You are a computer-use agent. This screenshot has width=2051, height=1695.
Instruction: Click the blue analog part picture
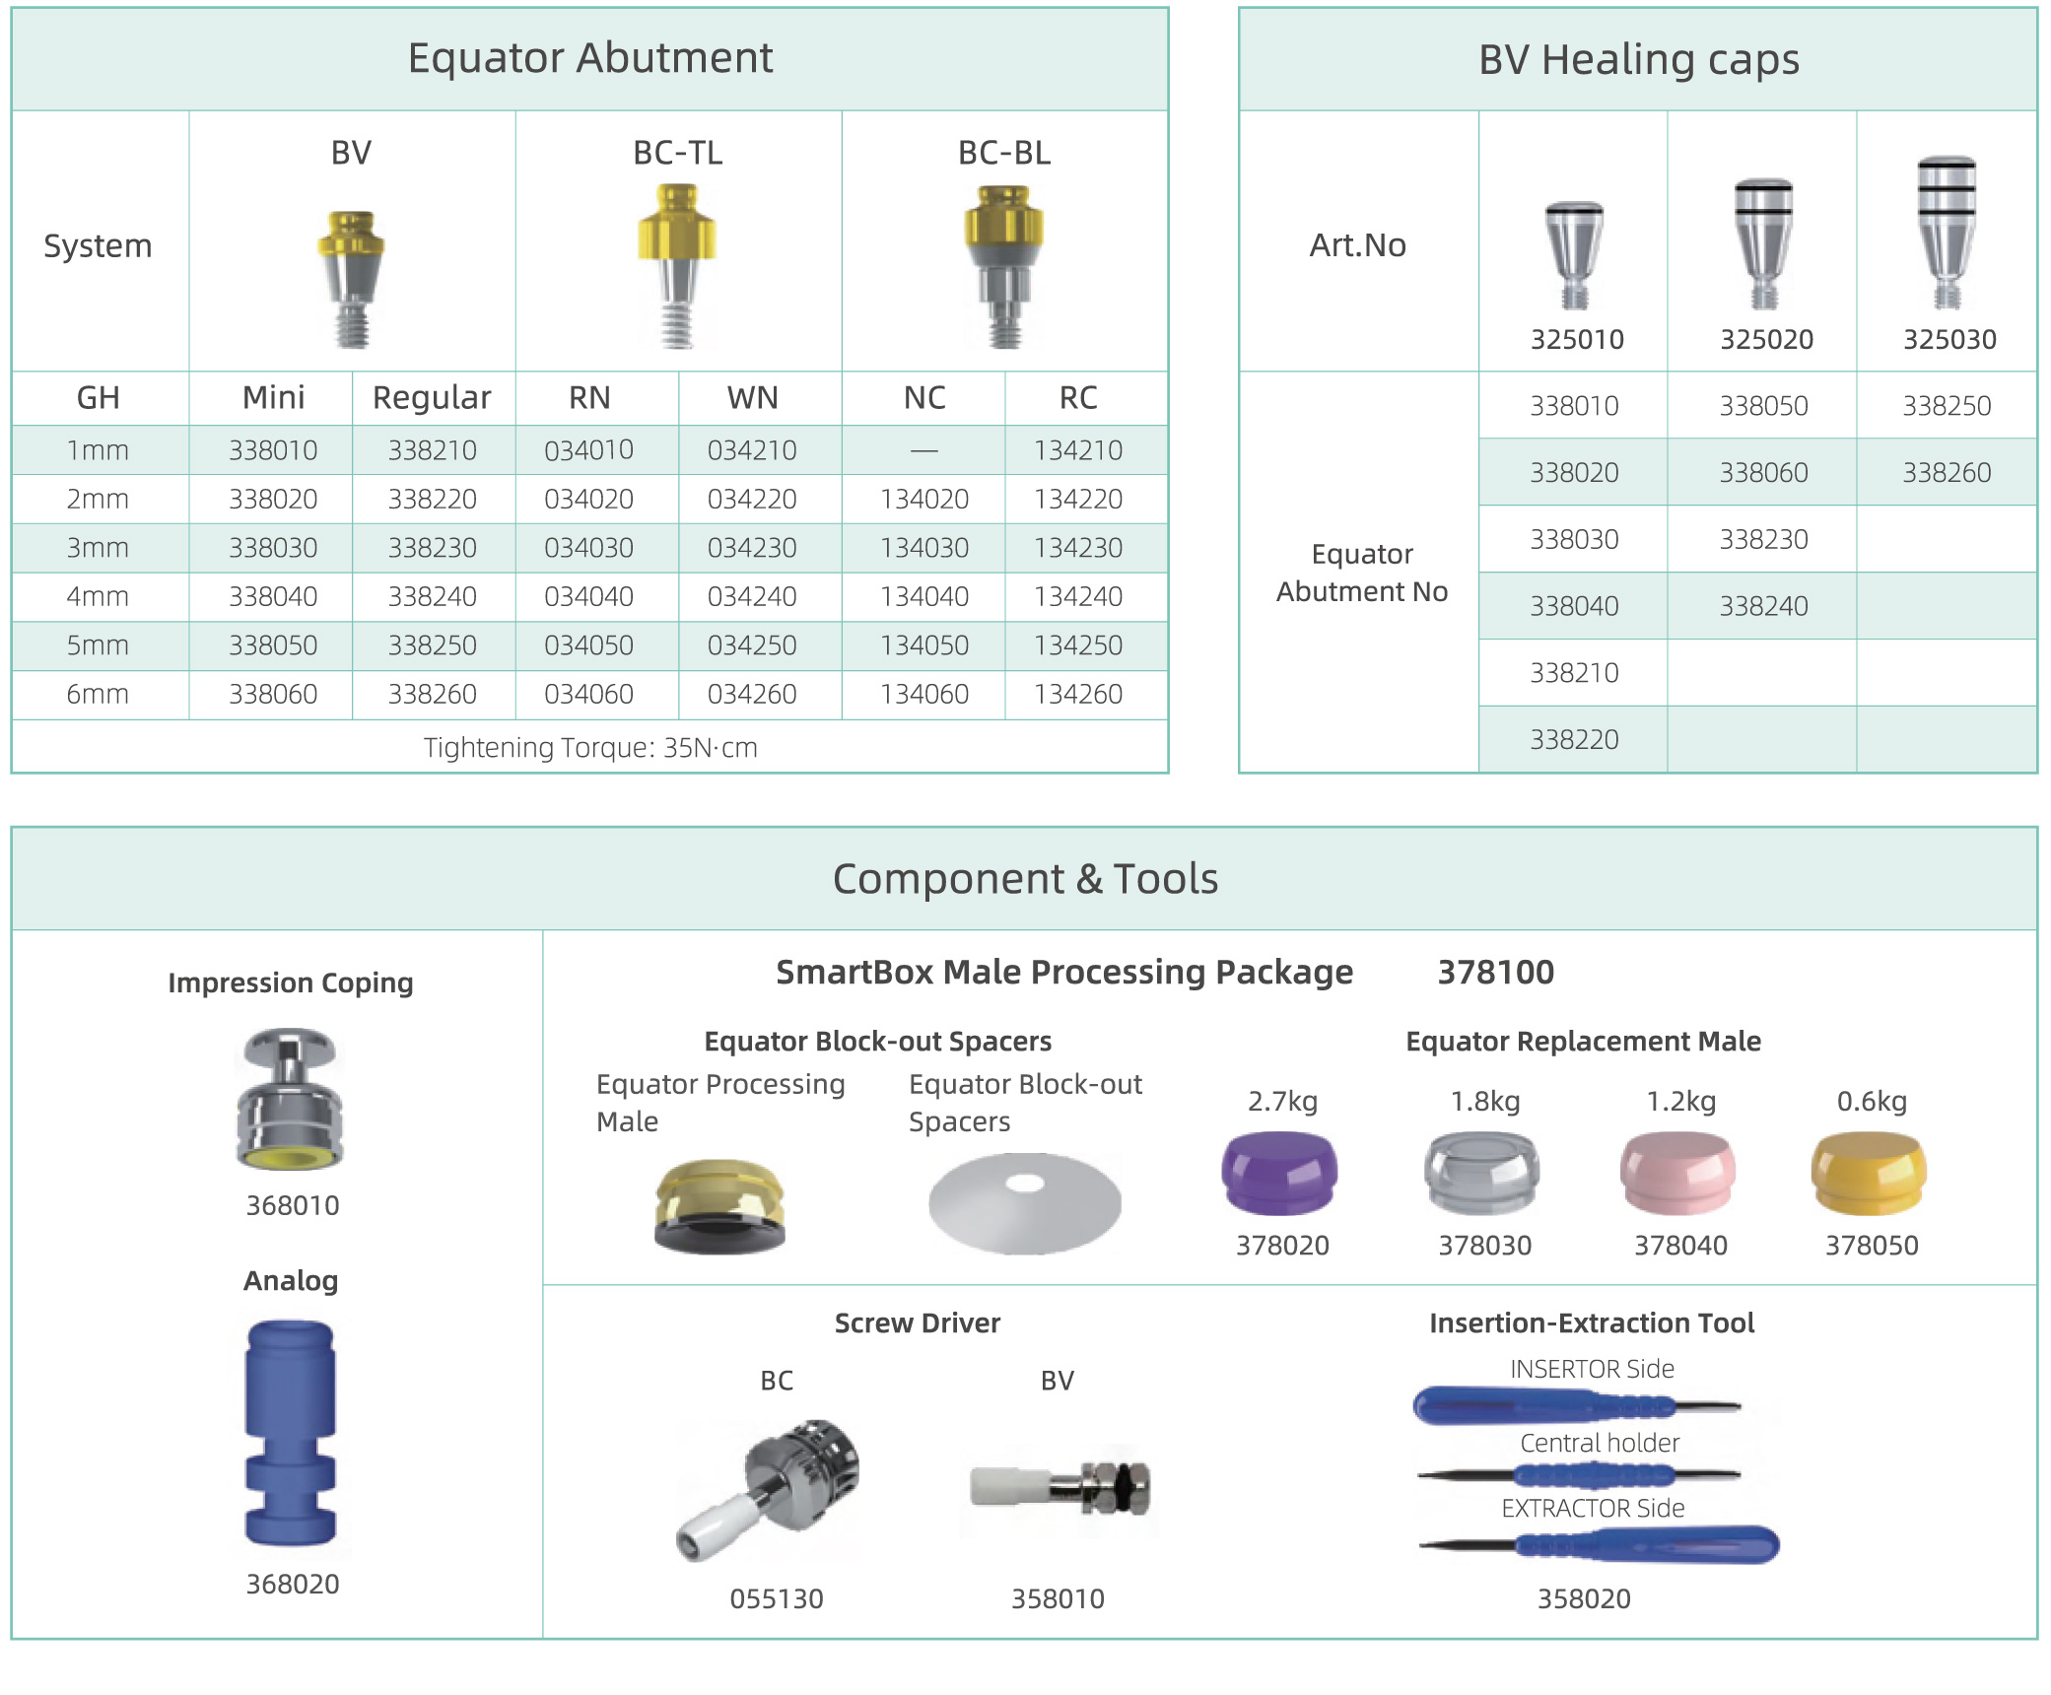click(291, 1433)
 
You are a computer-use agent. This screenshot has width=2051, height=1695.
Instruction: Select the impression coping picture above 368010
click(291, 1099)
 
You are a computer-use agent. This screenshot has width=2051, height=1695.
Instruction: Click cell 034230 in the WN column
click(752, 548)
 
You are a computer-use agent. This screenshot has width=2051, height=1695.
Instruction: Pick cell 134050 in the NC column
click(924, 645)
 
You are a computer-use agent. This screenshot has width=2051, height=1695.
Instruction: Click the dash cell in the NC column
click(924, 451)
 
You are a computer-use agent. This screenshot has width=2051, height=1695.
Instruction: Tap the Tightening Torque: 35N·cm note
click(590, 748)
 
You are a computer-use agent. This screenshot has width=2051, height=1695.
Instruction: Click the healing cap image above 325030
click(1947, 233)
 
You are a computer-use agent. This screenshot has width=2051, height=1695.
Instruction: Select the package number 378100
click(1495, 973)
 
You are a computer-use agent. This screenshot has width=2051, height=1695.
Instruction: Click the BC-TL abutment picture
click(677, 266)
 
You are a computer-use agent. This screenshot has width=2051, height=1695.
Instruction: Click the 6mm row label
click(98, 695)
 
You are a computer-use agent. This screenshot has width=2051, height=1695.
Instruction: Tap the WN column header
click(752, 398)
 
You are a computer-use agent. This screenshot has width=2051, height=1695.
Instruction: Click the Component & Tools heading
click(1025, 879)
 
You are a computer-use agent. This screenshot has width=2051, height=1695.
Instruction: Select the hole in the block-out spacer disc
click(1025, 1183)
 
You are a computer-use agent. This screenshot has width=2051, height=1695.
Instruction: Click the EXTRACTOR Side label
click(1593, 1509)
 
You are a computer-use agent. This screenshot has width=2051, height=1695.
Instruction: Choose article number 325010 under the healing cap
click(1576, 340)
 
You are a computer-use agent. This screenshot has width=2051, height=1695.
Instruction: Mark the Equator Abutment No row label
click(1362, 573)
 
